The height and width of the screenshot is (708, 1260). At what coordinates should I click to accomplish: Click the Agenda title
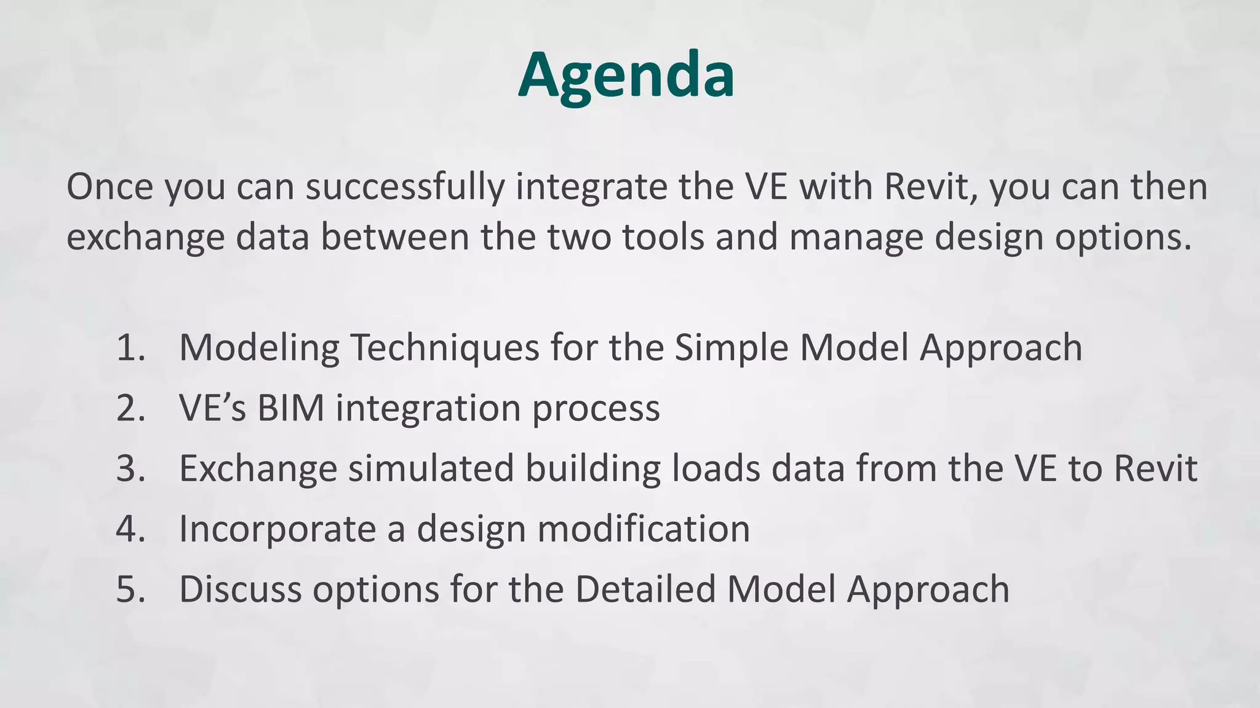point(626,75)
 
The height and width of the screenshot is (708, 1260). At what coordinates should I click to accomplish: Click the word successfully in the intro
point(405,187)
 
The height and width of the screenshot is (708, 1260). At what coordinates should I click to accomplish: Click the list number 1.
point(130,347)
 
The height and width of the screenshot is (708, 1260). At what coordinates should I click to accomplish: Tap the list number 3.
point(130,468)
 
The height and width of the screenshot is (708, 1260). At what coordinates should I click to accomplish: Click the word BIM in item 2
point(290,407)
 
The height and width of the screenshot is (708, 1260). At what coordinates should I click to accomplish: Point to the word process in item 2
point(596,409)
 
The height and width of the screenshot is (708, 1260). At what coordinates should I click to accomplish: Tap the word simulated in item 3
point(431,468)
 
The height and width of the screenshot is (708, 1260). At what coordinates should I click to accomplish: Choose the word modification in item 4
point(644,529)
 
